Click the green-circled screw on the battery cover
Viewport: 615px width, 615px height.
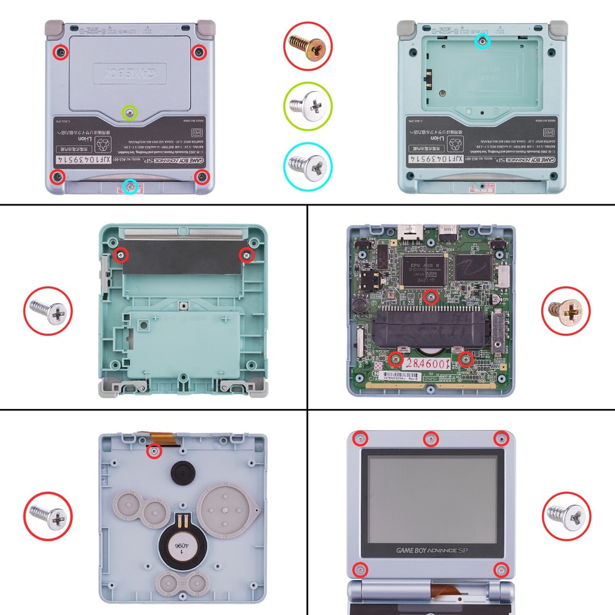tap(129, 113)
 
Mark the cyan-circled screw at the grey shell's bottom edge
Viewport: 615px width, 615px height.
tap(129, 186)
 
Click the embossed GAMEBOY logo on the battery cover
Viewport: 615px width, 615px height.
tap(129, 74)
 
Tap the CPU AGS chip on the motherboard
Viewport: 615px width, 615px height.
tap(423, 271)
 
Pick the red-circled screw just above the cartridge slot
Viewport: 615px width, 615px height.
tap(431, 297)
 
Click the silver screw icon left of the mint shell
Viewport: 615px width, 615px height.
tap(49, 312)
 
